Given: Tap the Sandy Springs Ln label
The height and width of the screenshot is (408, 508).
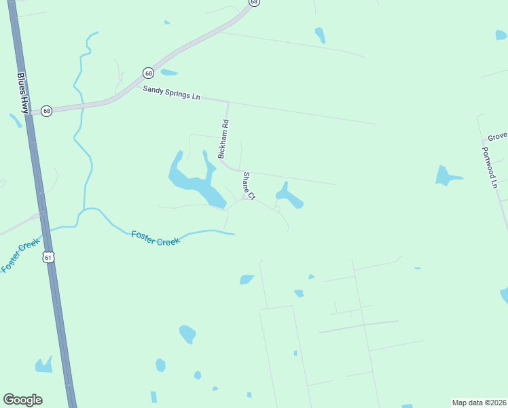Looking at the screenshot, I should point(171,93).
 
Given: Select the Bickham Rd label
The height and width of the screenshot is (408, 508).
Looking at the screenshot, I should point(223,139).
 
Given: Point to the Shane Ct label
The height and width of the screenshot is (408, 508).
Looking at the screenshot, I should point(249,186).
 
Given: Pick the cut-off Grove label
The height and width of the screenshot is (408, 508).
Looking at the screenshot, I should point(497,136).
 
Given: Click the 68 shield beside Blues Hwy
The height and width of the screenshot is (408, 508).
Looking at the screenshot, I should point(46,110).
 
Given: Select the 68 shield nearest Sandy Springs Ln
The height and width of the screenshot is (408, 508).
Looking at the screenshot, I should point(148,73).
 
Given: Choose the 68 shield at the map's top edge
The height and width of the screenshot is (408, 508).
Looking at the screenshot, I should point(253,3).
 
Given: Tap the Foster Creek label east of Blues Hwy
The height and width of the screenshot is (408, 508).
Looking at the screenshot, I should point(156,238).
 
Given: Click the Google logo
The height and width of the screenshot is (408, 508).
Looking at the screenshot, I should point(22,400).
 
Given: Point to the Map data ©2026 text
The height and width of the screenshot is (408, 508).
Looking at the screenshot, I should point(479,403).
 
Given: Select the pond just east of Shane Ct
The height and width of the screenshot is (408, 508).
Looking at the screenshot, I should point(288,197).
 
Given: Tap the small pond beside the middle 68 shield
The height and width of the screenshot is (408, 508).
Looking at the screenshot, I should point(168,72).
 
